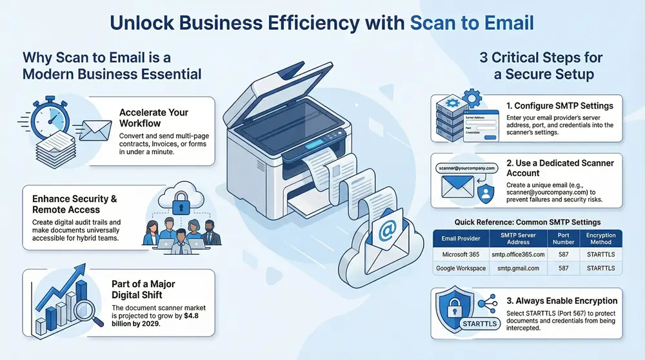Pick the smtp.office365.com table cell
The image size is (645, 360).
click(x=519, y=254)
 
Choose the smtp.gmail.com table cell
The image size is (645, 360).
click(x=519, y=268)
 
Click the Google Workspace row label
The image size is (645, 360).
click(x=461, y=268)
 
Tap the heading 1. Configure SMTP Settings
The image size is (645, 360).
click(x=559, y=106)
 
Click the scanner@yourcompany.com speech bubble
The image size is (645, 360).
click(x=465, y=168)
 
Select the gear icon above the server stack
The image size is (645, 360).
click(x=473, y=99)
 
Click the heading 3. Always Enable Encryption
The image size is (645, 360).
click(x=562, y=301)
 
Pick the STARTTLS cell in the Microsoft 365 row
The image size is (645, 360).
click(x=600, y=254)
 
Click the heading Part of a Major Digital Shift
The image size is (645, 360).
click(x=147, y=290)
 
